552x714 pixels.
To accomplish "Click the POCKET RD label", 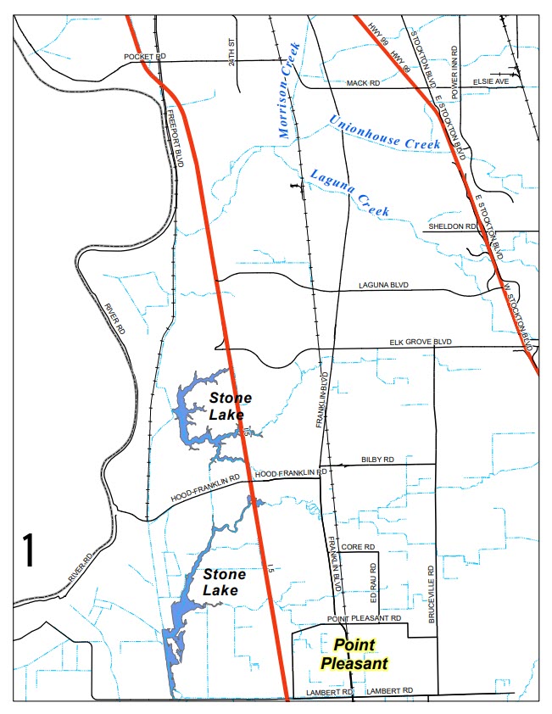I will tap(145, 56).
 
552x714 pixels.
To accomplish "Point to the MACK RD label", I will tap(361, 83).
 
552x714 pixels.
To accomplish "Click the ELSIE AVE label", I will tap(492, 81).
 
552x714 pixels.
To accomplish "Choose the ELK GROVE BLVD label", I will tap(421, 342).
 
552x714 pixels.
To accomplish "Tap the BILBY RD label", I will tap(377, 460).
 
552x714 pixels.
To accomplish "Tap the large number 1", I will tap(28, 550).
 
